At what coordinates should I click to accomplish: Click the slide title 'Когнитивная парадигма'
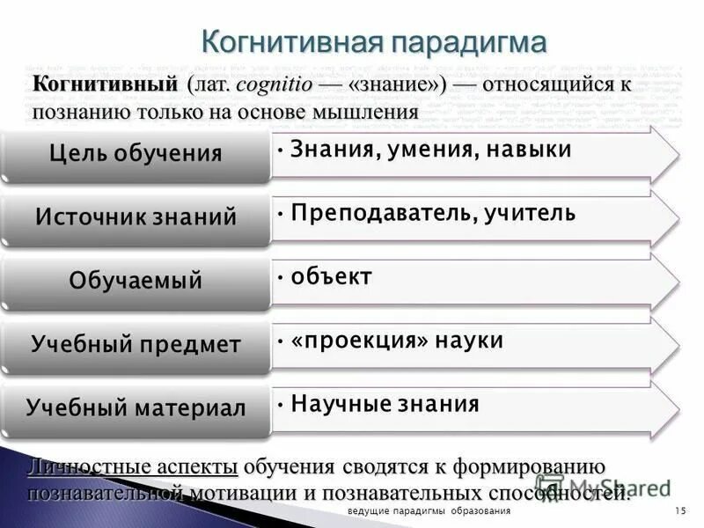(x=374, y=42)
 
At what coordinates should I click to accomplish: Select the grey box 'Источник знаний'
(x=136, y=217)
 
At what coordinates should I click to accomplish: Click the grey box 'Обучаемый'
(x=136, y=281)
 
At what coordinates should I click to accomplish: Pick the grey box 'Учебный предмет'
(x=136, y=344)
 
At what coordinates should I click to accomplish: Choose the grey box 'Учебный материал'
(x=136, y=407)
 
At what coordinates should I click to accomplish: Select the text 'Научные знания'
(x=385, y=404)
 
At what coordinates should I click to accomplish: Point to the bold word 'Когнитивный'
(x=106, y=85)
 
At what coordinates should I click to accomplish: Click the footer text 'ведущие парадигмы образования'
(x=429, y=512)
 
